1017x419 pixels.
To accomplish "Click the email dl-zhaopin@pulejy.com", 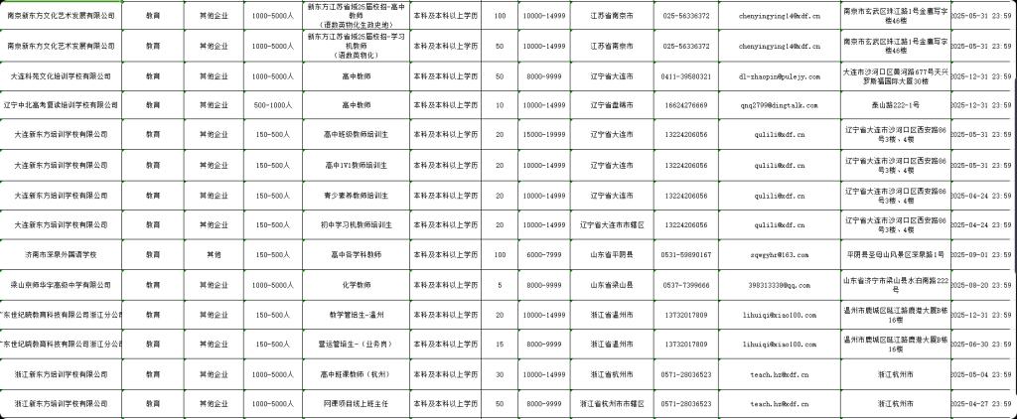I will click(779, 76).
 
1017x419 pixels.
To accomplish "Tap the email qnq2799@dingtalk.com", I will click(779, 105).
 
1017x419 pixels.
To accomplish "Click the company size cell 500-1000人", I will click(270, 105).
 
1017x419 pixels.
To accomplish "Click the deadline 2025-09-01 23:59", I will click(982, 255).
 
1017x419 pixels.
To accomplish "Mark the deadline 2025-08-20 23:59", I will click(982, 285).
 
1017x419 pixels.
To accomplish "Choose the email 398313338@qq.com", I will click(779, 285).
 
